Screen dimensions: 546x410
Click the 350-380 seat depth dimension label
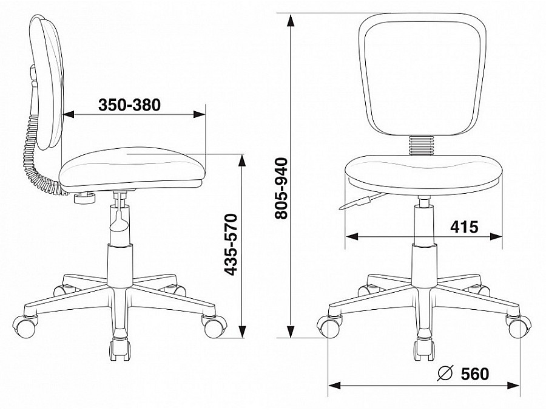click(129, 104)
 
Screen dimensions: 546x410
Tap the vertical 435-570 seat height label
click(231, 244)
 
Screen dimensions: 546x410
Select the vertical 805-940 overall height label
click(281, 188)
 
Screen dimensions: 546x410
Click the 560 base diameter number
click(475, 374)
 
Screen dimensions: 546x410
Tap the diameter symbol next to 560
click(445, 374)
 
